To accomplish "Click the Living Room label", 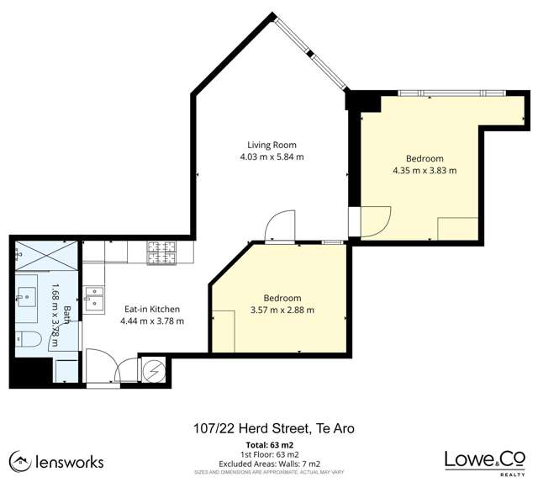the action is [x=272, y=145].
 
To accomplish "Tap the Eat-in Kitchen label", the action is [x=152, y=309].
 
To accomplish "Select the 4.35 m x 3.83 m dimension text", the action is [x=425, y=170].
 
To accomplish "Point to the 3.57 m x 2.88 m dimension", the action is [x=282, y=310].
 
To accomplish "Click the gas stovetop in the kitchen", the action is [x=161, y=253].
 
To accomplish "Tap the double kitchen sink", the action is [x=95, y=300].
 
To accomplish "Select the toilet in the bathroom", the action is [x=29, y=339].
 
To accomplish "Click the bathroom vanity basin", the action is [x=27, y=297].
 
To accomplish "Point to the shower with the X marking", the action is [x=46, y=255].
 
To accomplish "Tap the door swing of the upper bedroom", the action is [x=376, y=222].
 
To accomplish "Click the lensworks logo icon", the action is [x=20, y=462].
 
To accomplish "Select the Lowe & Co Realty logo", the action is [x=485, y=463].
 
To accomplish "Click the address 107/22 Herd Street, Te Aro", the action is [x=274, y=428].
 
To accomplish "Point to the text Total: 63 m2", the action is [x=270, y=445].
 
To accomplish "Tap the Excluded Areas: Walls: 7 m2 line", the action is [x=269, y=464].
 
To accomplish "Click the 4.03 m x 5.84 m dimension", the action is [x=272, y=157].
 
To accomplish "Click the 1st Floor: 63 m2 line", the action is [x=270, y=454].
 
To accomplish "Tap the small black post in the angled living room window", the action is [x=310, y=54].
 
